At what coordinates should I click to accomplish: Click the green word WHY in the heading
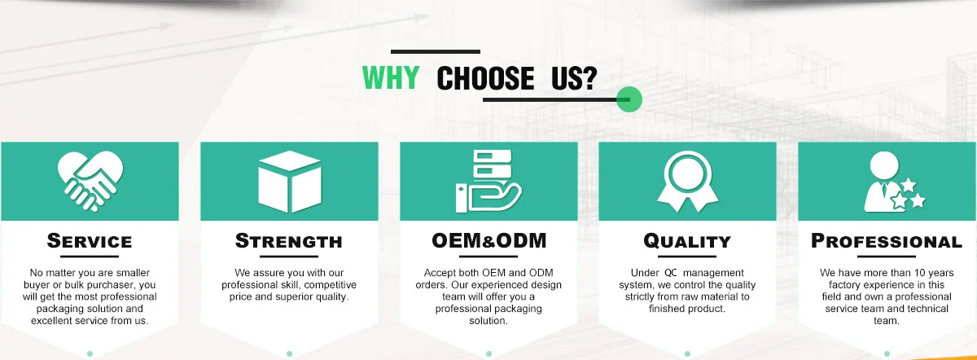click(x=391, y=77)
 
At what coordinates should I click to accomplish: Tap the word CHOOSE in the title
click(x=485, y=78)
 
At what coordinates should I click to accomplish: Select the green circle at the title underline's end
click(x=629, y=99)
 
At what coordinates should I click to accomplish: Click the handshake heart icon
click(x=90, y=182)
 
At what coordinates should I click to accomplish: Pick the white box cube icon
click(x=290, y=182)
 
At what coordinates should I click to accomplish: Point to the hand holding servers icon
click(x=488, y=181)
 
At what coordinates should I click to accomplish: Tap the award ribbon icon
click(x=688, y=182)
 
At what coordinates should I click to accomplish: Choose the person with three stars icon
click(x=894, y=182)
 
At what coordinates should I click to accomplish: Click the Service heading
click(x=90, y=241)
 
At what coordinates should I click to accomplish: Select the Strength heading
click(x=289, y=241)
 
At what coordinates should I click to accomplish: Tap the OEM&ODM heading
click(x=489, y=241)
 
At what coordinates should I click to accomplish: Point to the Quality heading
click(x=687, y=241)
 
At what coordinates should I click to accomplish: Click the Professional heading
click(x=887, y=241)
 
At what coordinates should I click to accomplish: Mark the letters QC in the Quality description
click(x=671, y=273)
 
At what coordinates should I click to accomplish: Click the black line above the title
click(x=436, y=51)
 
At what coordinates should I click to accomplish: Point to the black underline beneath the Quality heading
click(x=687, y=256)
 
